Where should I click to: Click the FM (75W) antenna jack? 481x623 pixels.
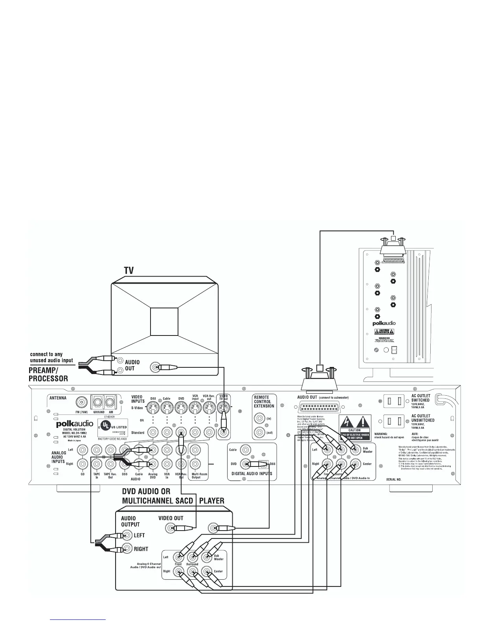click(x=82, y=402)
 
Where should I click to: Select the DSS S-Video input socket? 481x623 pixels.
click(x=152, y=408)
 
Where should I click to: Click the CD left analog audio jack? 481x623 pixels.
click(x=83, y=450)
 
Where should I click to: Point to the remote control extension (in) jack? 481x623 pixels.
click(x=259, y=418)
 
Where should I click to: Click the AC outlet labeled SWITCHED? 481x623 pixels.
click(x=394, y=401)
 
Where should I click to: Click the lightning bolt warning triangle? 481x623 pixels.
click(x=347, y=422)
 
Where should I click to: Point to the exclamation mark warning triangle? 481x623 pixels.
click(x=362, y=422)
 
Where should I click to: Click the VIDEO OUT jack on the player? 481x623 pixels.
click(x=170, y=529)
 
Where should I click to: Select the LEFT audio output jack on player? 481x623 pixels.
click(x=127, y=535)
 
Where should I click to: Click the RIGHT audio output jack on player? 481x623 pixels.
click(x=127, y=548)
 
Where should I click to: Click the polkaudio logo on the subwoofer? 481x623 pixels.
click(x=384, y=323)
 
